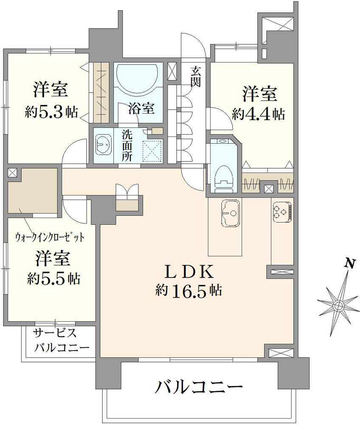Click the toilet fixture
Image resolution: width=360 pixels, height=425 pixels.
point(223,175)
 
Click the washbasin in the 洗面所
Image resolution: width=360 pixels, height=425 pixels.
point(102,145)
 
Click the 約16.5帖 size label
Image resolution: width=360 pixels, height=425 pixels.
point(188,291)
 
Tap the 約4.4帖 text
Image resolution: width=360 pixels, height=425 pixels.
point(258,114)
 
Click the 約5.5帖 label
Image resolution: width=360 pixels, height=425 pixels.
point(53,279)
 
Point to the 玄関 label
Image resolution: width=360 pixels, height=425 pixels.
point(196,76)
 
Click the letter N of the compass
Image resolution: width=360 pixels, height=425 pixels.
point(349,264)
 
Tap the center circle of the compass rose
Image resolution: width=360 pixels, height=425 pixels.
point(338,305)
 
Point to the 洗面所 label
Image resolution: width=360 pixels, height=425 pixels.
point(127,145)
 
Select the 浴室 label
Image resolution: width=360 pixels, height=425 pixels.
point(141,108)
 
